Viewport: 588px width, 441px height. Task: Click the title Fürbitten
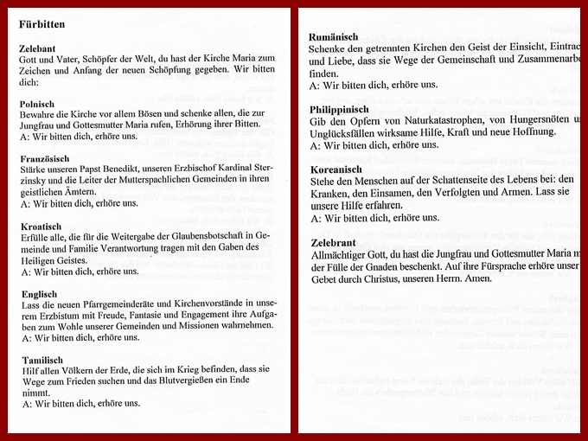[42, 24]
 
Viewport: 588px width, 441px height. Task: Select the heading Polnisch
[38, 102]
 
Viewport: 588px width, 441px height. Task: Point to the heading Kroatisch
[40, 226]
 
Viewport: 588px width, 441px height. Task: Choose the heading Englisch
[39, 294]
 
